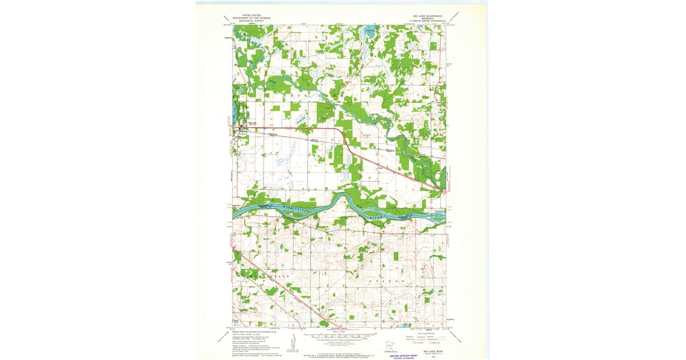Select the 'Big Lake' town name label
[x=252, y=122]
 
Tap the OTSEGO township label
[x=378, y=281]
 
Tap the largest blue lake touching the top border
[x=369, y=31]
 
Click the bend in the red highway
[x=342, y=134]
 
